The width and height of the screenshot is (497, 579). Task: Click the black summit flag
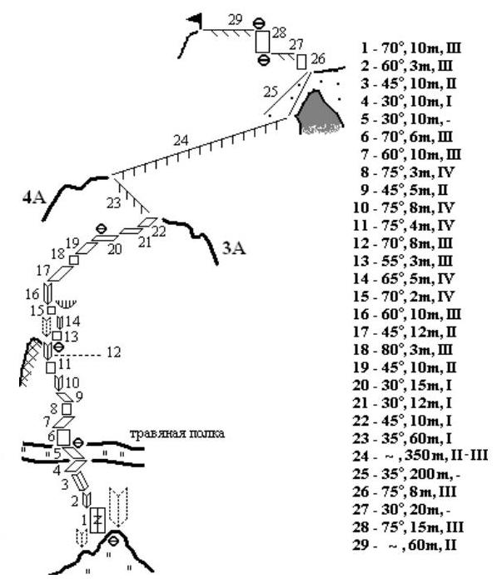tap(196, 20)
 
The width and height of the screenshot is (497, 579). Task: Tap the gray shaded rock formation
tap(320, 112)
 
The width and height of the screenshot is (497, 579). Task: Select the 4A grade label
tap(34, 198)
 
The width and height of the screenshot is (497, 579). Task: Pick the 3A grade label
tap(234, 248)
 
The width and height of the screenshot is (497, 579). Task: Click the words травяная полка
tap(177, 433)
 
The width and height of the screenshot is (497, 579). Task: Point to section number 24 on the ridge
tap(181, 140)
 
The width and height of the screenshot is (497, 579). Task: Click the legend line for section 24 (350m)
tap(420, 456)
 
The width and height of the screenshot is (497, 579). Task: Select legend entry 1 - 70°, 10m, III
tap(411, 48)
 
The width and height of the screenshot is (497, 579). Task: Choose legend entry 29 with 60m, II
tap(405, 545)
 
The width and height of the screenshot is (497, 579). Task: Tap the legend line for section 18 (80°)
tap(403, 350)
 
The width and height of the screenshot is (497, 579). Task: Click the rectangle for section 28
tap(263, 42)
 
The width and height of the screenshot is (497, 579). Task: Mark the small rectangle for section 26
tap(301, 62)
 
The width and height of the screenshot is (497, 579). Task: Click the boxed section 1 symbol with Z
tap(97, 520)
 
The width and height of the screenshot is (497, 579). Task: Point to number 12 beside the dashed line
tap(114, 352)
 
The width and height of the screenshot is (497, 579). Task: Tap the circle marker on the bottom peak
tap(114, 541)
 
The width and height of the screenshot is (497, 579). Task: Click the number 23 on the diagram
tap(113, 202)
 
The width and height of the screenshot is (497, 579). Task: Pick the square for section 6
tap(63, 437)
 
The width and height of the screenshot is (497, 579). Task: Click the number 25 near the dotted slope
tap(270, 92)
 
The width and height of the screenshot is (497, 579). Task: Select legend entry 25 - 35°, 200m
tap(406, 474)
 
